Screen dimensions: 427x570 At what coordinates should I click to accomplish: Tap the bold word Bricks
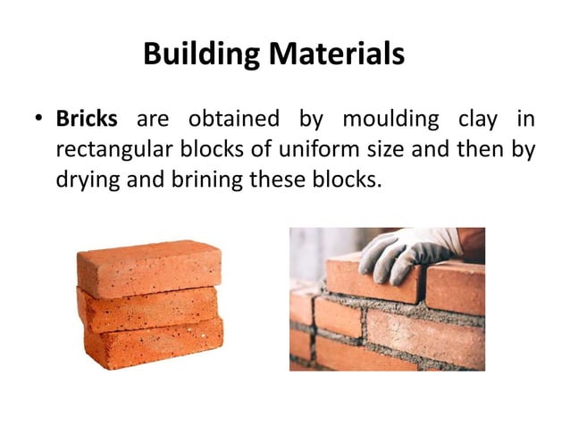tap(87, 119)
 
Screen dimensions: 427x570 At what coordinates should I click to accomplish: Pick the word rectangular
tap(115, 150)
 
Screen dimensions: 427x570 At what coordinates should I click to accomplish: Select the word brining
tap(201, 180)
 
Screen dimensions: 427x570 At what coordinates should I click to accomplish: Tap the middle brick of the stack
tap(148, 308)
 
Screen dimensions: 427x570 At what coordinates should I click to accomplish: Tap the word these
tap(277, 180)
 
